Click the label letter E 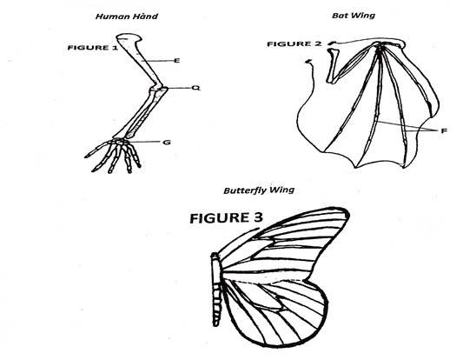click(177, 61)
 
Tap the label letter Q click(196, 88)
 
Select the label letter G click(167, 142)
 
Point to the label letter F click(444, 130)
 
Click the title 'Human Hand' click(126, 16)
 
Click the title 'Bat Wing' click(354, 15)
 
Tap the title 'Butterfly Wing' click(259, 190)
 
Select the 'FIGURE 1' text click(92, 48)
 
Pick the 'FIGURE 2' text click(294, 44)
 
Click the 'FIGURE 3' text click(226, 218)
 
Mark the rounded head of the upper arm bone click(129, 37)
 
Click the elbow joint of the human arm click(159, 88)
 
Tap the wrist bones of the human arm click(120, 141)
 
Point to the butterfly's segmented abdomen click(217, 304)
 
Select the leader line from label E click(157, 61)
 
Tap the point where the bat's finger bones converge click(379, 46)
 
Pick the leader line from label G click(145, 142)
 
